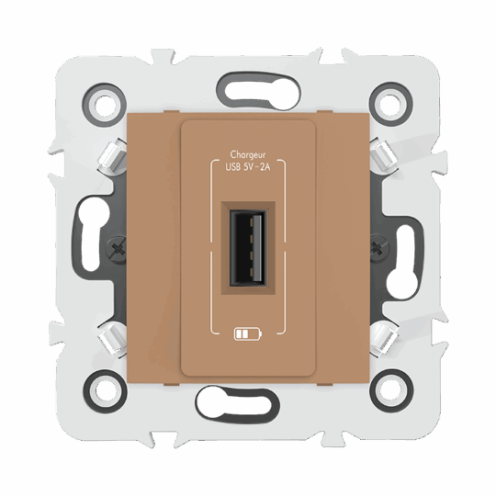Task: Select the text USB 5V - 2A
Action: tap(249, 168)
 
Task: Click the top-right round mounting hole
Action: tap(389, 104)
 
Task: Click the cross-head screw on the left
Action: tap(117, 245)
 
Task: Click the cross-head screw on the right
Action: tap(379, 245)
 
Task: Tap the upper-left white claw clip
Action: tap(112, 157)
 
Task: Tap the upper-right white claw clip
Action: tap(384, 157)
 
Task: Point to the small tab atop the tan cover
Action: tap(249, 117)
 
